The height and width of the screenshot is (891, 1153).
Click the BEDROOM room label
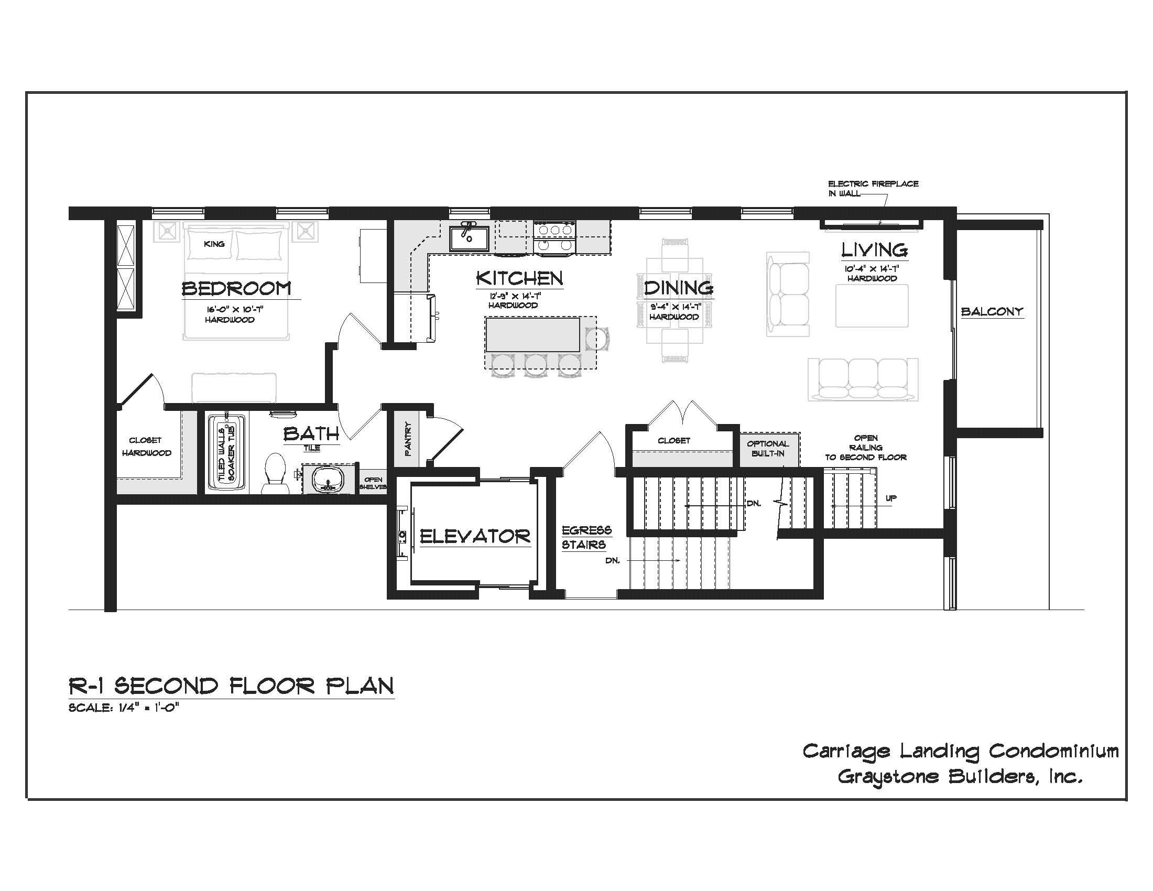[x=236, y=289]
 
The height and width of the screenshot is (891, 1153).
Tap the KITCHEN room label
[x=519, y=278]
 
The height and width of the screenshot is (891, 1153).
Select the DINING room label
[x=678, y=288]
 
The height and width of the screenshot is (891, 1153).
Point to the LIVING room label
[x=874, y=249]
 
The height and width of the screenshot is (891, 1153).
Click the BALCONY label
[x=992, y=311]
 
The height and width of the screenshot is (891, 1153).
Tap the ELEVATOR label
[x=475, y=537]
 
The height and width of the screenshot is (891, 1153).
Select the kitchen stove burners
[x=554, y=237]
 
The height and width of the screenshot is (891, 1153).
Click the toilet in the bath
[x=275, y=472]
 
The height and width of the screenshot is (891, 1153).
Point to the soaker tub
[x=227, y=452]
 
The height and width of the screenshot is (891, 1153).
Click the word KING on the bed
[x=214, y=244]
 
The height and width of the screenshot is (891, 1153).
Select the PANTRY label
[x=408, y=438]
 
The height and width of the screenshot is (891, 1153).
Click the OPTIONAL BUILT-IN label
[x=768, y=448]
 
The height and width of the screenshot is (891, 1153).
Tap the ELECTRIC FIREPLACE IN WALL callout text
[x=873, y=189]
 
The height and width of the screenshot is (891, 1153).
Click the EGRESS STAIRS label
[x=586, y=537]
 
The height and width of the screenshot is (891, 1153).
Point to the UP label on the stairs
[x=890, y=498]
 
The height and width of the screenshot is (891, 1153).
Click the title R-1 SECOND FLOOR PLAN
[x=231, y=686]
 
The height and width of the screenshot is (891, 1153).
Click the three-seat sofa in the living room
[x=863, y=380]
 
